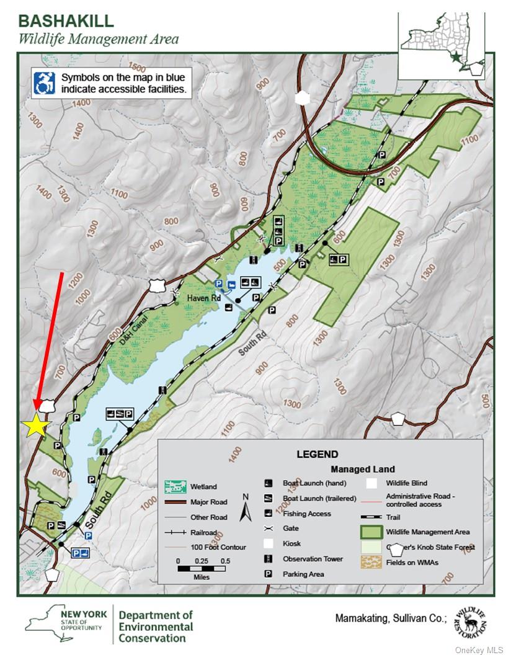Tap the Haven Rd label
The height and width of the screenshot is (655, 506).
coord(203,298)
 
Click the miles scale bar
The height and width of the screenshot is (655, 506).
coord(202,568)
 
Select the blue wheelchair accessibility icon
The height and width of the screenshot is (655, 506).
coord(45,82)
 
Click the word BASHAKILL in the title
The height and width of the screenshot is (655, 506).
coord(66,20)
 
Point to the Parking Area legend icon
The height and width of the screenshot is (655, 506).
coord(269,574)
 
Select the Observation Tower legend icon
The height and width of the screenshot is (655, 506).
coord(269,559)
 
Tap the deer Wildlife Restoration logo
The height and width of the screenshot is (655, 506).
coord(469,623)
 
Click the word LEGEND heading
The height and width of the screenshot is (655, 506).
coord(317,454)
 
